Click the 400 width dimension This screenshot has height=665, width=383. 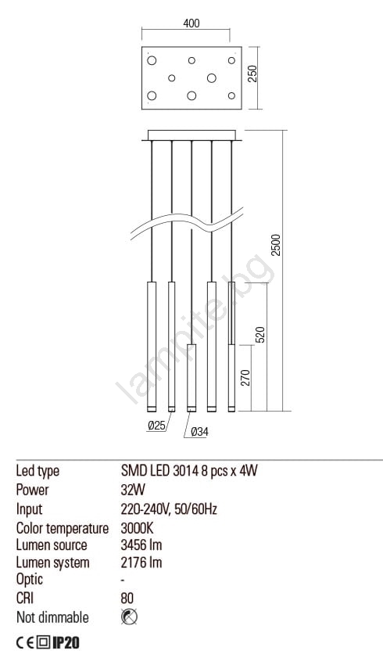pyautogui.click(x=191, y=23)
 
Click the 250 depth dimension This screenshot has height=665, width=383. pyautogui.click(x=252, y=74)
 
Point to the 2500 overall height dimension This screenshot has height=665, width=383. pyautogui.click(x=276, y=245)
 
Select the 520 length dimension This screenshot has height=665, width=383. pyautogui.click(x=260, y=335)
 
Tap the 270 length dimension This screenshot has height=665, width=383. pyautogui.click(x=245, y=377)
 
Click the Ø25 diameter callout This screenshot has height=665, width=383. pyautogui.click(x=157, y=426)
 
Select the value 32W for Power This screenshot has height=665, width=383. pyautogui.click(x=133, y=490)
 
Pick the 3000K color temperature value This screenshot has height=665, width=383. pyautogui.click(x=137, y=528)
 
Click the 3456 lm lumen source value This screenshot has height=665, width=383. pyautogui.click(x=141, y=545)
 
